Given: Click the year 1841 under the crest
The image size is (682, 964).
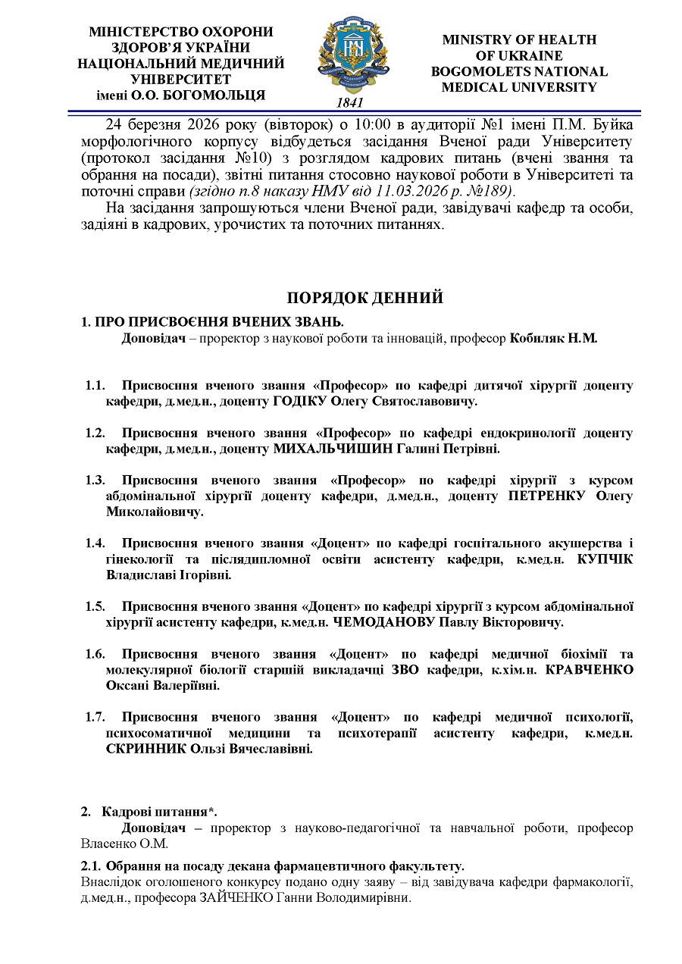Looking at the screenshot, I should pyautogui.click(x=349, y=102).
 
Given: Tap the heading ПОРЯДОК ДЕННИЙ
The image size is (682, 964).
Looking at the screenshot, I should pyautogui.click(x=364, y=298).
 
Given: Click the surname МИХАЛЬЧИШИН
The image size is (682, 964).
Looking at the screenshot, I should pyautogui.click(x=333, y=449).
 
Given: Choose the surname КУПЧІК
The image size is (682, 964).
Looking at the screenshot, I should pyautogui.click(x=605, y=559).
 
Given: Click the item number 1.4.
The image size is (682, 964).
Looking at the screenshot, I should pyautogui.click(x=95, y=543).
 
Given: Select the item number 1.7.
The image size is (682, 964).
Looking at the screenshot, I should pyautogui.click(x=95, y=717).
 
